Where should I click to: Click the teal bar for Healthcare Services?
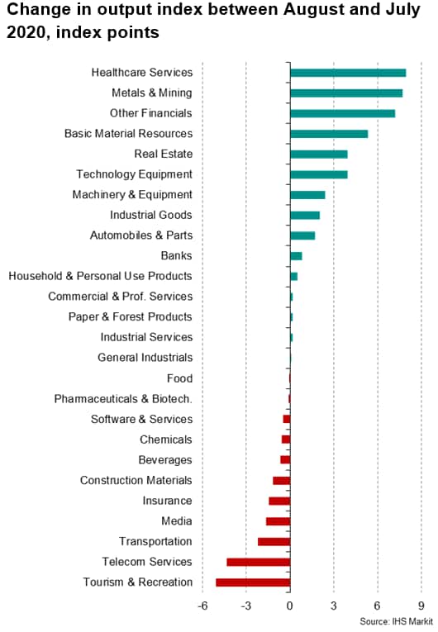click(348, 73)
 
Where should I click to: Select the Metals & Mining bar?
click(346, 93)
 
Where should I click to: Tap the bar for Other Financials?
click(343, 114)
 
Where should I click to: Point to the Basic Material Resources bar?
click(329, 134)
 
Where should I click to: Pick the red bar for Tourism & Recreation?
click(253, 582)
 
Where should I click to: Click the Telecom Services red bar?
click(259, 562)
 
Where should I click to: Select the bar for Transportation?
click(274, 542)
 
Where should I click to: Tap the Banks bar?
click(296, 256)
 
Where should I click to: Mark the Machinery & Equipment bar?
click(307, 195)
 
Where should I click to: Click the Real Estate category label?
click(164, 154)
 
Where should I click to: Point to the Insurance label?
click(167, 501)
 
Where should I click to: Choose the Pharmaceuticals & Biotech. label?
click(123, 399)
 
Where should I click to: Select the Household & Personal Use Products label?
click(101, 276)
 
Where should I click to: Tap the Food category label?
click(179, 378)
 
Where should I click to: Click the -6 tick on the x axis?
click(202, 606)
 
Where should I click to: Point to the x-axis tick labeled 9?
click(421, 606)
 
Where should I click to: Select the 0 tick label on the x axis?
click(290, 606)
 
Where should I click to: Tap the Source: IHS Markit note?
click(396, 621)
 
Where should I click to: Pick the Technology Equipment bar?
click(319, 174)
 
